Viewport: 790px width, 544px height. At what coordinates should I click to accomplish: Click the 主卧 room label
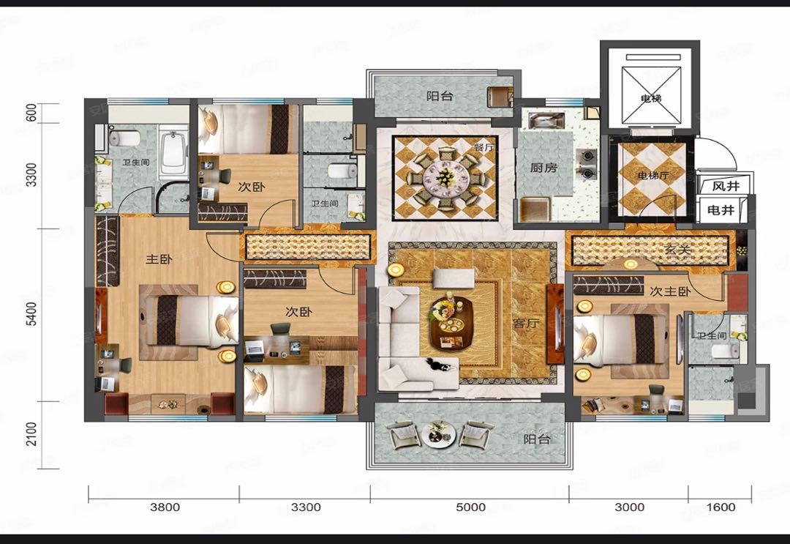159,259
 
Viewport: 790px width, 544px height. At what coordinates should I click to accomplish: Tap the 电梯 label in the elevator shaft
651,98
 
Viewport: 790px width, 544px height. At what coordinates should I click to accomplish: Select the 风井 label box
726,186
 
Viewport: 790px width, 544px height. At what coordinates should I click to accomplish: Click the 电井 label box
721,209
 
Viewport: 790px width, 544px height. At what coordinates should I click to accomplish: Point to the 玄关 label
677,249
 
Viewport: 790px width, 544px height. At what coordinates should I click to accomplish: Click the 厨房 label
543,168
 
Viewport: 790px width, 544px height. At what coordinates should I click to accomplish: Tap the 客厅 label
525,323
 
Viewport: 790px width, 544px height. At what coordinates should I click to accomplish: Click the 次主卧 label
670,291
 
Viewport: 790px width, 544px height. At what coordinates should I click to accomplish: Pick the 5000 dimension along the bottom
470,507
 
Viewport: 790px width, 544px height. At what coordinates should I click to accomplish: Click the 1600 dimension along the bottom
721,507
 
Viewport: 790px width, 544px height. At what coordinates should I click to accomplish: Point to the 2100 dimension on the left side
31,434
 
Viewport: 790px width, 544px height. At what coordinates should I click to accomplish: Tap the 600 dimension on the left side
31,113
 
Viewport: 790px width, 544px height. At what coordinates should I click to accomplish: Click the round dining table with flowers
445,177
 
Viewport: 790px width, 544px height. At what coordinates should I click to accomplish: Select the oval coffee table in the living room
451,323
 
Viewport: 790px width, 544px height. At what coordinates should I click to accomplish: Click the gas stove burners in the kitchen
587,164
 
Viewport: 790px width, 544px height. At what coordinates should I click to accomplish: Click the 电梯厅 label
653,176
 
